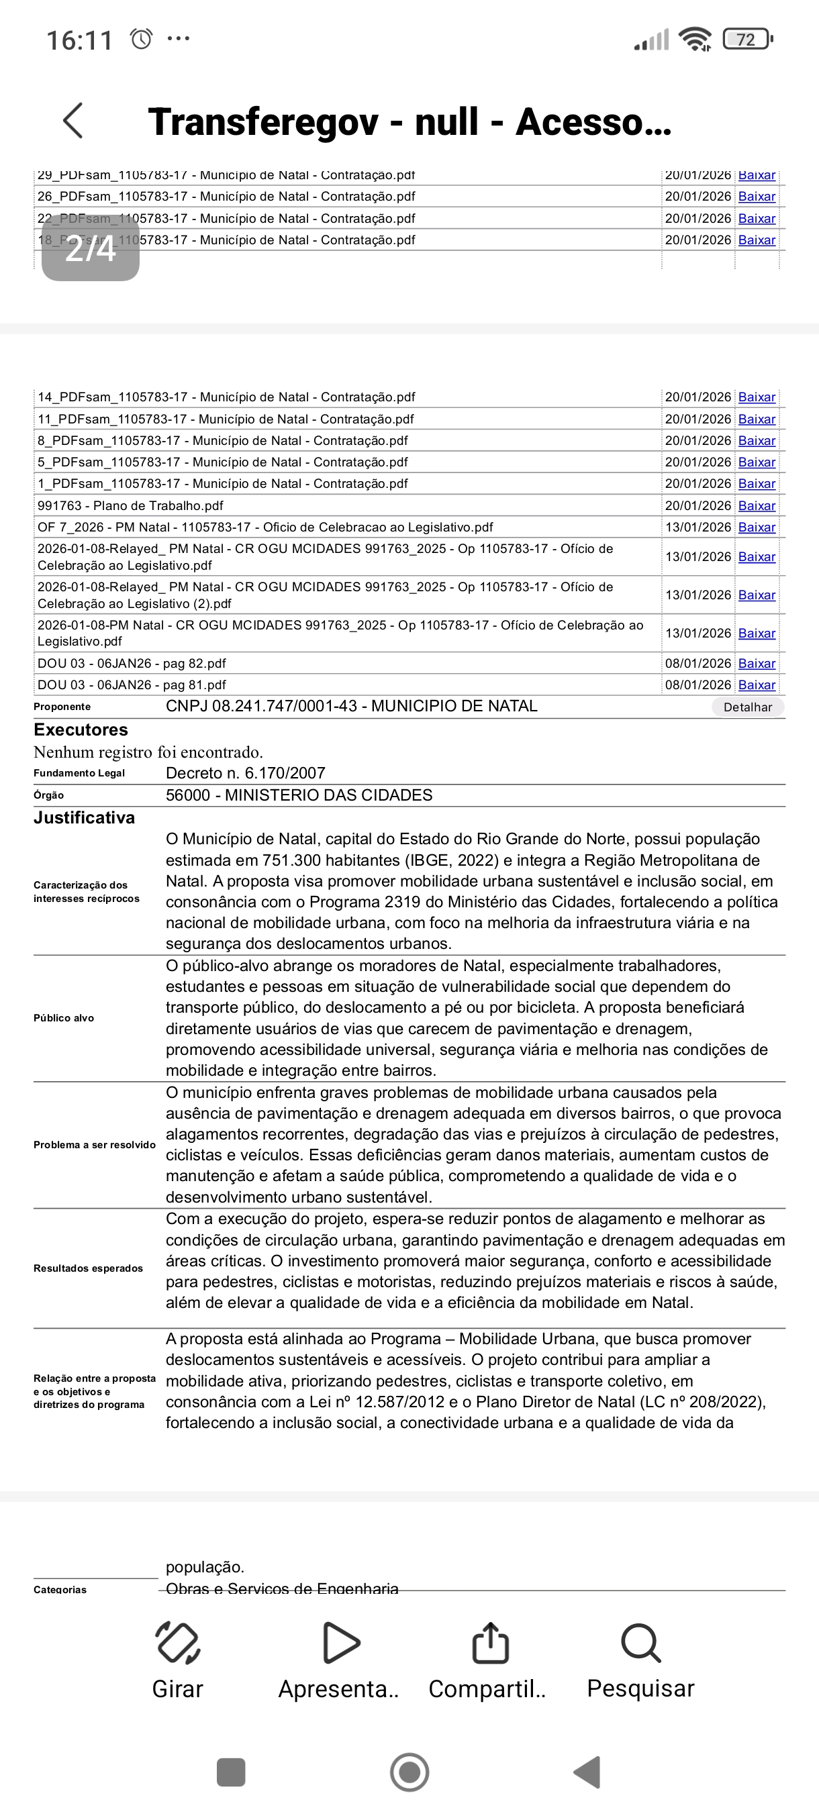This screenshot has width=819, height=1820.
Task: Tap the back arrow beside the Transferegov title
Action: (73, 121)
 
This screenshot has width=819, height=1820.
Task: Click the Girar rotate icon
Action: (177, 1643)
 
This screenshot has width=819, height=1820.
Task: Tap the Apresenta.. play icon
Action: (340, 1643)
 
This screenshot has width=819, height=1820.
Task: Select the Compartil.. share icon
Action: (489, 1643)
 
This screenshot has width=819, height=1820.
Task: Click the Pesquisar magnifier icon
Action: (641, 1643)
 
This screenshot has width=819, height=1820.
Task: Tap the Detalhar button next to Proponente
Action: (748, 707)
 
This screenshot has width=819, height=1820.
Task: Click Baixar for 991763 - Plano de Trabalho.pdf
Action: (757, 506)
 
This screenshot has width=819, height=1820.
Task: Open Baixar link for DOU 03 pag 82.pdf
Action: (757, 664)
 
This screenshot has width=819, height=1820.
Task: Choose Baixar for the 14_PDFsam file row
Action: (757, 397)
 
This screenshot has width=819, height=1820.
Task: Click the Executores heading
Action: (81, 730)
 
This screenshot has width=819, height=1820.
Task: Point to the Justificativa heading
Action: (84, 817)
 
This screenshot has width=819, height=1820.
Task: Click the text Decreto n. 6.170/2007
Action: (245, 773)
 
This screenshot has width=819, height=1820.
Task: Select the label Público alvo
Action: (64, 1018)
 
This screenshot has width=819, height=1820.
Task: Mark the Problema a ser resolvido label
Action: (95, 1145)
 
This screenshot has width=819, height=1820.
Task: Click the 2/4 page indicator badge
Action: (91, 249)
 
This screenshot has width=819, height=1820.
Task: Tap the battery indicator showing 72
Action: (747, 40)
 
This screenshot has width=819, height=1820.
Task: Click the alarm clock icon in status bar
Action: (142, 39)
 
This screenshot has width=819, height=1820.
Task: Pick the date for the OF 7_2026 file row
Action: (697, 527)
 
